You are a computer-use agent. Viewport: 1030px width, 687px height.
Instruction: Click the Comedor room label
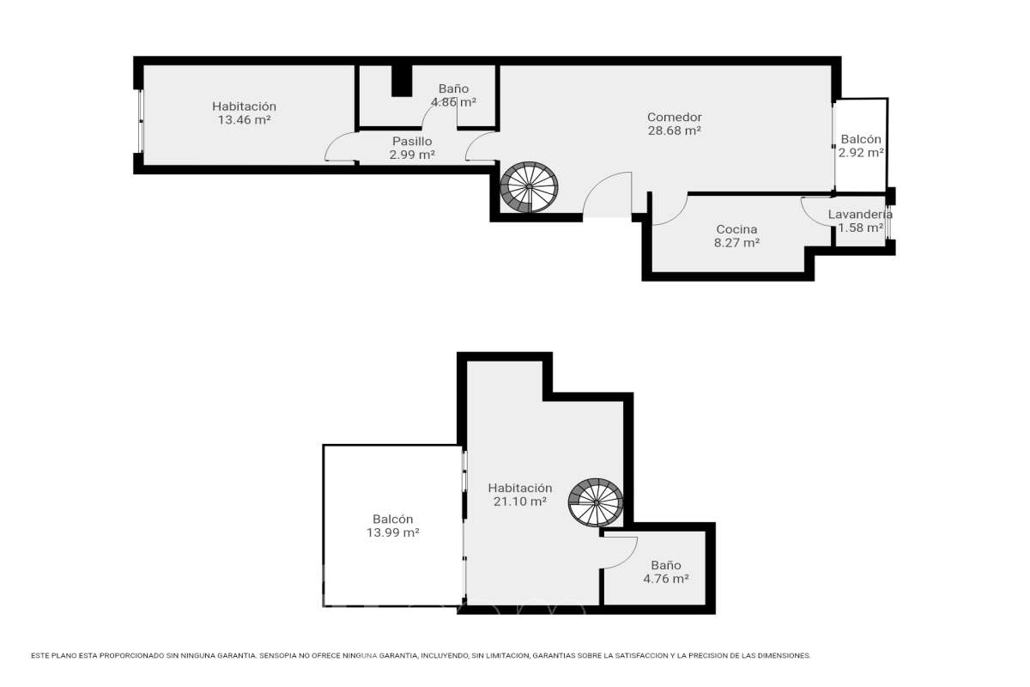click(x=674, y=118)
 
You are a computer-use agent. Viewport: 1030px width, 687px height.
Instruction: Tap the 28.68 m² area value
click(x=674, y=131)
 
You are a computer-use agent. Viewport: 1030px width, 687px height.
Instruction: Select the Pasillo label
click(x=412, y=142)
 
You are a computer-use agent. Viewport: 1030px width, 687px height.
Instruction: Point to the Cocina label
click(x=736, y=229)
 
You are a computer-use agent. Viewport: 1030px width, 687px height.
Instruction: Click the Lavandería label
click(x=860, y=214)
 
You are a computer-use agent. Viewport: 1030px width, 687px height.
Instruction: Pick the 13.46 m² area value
click(x=244, y=120)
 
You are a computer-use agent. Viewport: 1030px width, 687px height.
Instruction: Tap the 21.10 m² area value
click(x=520, y=502)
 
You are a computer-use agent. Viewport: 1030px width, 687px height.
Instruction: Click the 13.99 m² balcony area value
click(x=393, y=532)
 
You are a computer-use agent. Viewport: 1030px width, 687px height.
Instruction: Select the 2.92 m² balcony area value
click(x=861, y=153)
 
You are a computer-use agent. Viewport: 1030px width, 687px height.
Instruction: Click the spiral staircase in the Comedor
click(x=530, y=187)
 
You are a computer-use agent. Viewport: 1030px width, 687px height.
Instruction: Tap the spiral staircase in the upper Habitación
click(x=596, y=502)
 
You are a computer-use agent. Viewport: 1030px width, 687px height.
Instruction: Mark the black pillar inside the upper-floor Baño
click(x=402, y=81)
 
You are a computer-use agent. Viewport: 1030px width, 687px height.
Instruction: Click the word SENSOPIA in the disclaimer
click(x=278, y=656)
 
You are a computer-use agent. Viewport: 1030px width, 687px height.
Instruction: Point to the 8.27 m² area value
click(x=736, y=242)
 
